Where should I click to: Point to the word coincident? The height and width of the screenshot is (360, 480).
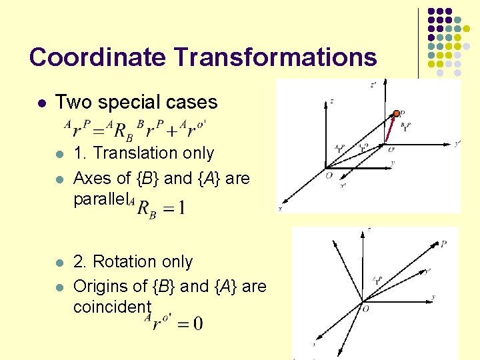(x=112, y=307)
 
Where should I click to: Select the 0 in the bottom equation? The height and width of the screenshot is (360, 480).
(x=197, y=325)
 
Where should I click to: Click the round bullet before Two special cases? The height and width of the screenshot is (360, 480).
(x=41, y=103)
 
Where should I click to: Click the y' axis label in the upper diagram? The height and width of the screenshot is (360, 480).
(x=457, y=143)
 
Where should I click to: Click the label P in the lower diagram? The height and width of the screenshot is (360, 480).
(x=444, y=244)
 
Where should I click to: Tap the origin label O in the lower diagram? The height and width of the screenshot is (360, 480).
(x=365, y=308)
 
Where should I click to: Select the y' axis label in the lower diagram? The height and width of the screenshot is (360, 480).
(x=427, y=271)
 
